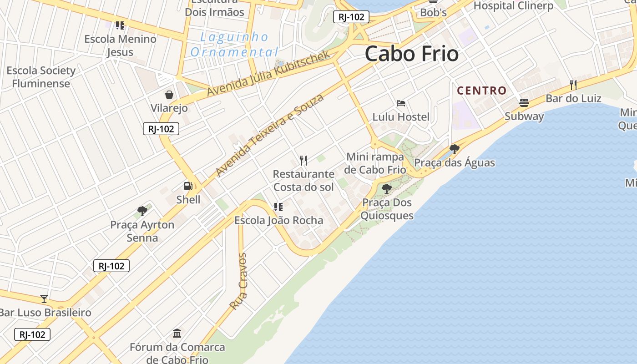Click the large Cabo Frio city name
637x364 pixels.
coord(411,54)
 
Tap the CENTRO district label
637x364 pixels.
coord(481,91)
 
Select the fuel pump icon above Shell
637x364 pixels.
coord(188,186)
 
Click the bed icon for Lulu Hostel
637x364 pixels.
coord(401,103)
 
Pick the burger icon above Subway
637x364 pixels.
coord(524,102)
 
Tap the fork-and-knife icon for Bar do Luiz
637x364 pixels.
coord(573,85)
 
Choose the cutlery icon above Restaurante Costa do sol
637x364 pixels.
coord(303,160)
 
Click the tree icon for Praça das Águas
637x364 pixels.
coord(454,149)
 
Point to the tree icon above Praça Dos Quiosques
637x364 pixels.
coord(387,188)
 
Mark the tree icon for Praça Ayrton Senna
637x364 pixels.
coord(142,211)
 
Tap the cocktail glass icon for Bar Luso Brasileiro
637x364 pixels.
coord(44,298)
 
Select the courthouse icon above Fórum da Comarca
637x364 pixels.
coord(177,334)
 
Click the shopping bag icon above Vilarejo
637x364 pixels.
coord(169,95)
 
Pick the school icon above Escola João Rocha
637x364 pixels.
coord(278,207)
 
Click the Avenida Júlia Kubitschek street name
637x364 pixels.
coord(268,74)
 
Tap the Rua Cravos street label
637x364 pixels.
coord(238,281)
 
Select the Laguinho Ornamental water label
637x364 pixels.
coord(234,44)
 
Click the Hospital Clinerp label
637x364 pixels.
coord(513,5)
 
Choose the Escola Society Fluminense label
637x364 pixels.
coord(41,77)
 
